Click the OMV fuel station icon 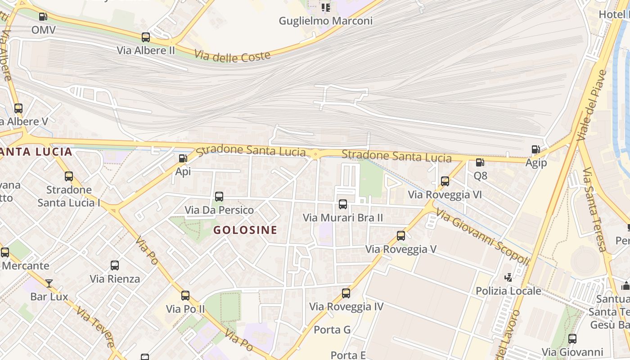pos(43,17)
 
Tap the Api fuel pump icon pos(183,158)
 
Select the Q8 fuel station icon pos(480,162)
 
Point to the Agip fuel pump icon pos(535,149)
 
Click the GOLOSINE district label pos(245,230)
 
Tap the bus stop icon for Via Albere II pos(146,37)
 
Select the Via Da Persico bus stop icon pos(219,197)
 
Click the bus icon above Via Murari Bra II pos(343,204)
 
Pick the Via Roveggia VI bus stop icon pos(445,181)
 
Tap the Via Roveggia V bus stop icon pos(401,236)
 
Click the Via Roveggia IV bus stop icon pos(346,293)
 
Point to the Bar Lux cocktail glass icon pos(49,283)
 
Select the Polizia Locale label pos(508,291)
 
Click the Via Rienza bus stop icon pos(115,265)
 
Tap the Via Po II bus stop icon pos(185,296)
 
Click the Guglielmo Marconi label pos(326,21)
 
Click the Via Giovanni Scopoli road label pos(482,238)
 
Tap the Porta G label pos(332,330)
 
